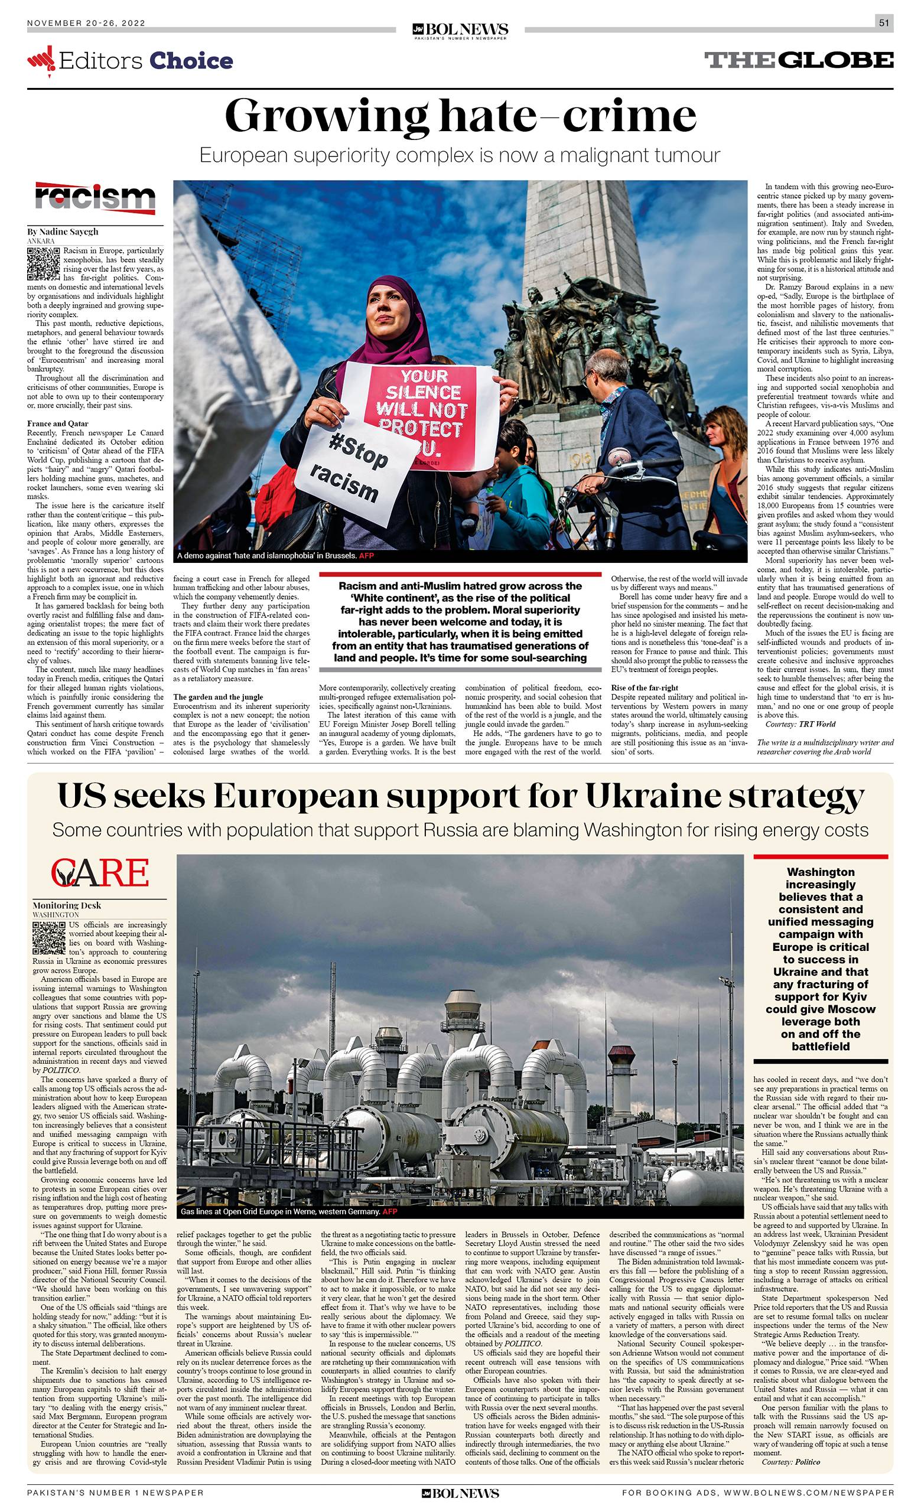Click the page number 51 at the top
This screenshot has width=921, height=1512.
pos(884,23)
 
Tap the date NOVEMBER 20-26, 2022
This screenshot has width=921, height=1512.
pos(86,23)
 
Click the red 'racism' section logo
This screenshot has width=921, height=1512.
pos(95,198)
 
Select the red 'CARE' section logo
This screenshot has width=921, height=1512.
pos(100,872)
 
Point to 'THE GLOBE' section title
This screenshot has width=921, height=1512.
pos(798,60)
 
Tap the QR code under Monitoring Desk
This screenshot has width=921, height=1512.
pos(48,938)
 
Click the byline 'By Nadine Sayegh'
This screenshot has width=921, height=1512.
pos(63,232)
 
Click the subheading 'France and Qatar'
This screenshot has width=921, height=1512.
pos(58,423)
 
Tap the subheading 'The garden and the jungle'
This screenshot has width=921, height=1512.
pos(218,697)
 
